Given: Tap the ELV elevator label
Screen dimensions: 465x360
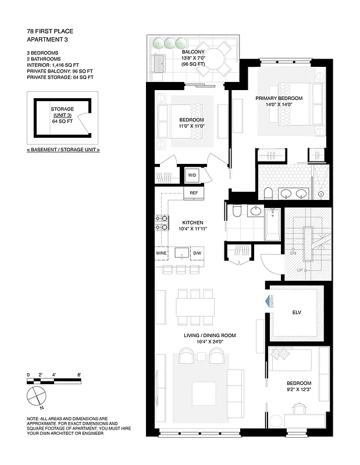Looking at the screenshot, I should point(295,312).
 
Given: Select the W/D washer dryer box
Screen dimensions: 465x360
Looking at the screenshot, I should point(192,174).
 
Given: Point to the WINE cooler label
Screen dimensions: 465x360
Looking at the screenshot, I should point(161,253).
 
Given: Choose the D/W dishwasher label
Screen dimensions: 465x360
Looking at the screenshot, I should point(197,253).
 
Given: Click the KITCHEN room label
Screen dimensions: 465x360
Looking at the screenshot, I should point(192,223).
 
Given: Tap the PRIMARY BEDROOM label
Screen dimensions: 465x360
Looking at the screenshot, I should point(277,99).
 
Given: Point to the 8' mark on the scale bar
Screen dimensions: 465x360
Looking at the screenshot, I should point(79,375).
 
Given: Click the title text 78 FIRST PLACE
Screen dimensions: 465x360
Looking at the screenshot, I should point(50,30).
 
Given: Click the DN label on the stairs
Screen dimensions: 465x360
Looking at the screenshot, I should point(293,253).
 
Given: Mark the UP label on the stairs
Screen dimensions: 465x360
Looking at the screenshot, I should point(299,270).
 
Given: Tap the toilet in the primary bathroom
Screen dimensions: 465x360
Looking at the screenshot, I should point(269,193).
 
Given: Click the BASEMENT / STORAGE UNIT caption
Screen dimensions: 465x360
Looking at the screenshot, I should point(63,149).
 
